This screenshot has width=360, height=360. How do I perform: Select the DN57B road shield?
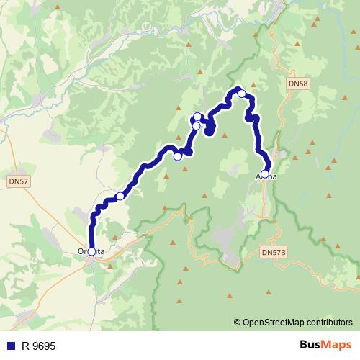pos(274,252)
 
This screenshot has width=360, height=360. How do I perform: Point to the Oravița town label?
pos(91,251)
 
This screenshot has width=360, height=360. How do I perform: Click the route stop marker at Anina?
pos(265,174)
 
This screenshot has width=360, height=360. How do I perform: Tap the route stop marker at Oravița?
pos(91,251)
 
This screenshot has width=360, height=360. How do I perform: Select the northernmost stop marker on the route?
pos(242,93)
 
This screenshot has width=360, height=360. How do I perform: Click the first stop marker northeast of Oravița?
pos(120,196)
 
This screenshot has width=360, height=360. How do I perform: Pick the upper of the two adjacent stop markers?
pos(198,117)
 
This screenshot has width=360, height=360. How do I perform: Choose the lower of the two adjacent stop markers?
pos(196,126)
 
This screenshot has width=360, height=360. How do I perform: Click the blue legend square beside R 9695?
pos(11,346)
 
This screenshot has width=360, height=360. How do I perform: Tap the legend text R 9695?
pos(38,346)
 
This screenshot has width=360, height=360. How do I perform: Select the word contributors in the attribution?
pos(330,323)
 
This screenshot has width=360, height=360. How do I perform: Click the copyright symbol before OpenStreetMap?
pos(238,323)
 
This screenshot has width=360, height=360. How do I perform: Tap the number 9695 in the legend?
pos(45,346)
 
